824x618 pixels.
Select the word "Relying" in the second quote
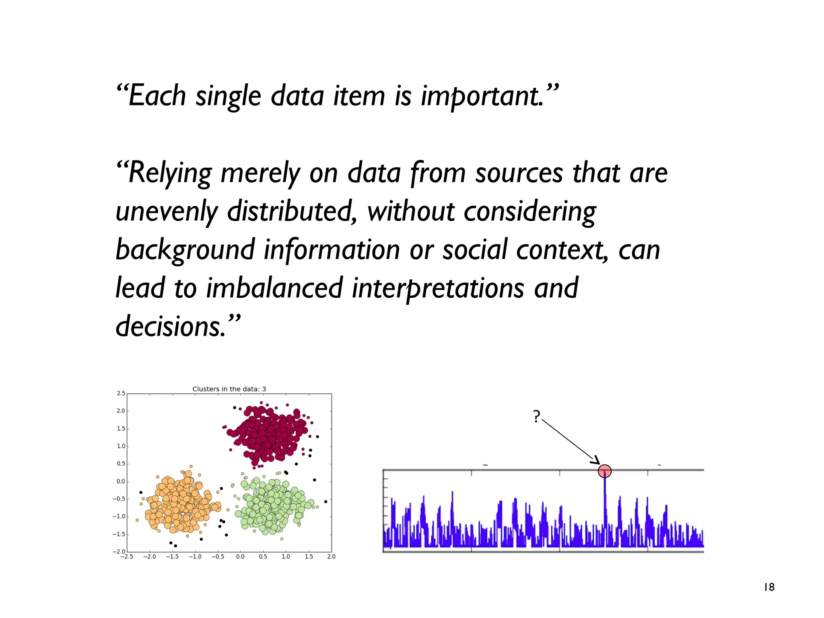[169, 173]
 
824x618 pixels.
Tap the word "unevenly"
[167, 212]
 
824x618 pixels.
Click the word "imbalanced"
[274, 288]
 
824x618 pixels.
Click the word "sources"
[519, 173]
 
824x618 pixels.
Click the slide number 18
[769, 587]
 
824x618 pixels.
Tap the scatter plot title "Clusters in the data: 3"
[229, 389]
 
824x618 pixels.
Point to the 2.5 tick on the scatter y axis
[121, 393]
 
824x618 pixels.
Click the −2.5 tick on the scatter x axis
[127, 557]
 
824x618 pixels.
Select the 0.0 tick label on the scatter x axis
[240, 557]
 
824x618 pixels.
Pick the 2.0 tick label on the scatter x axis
[331, 557]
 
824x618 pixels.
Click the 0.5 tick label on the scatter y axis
[121, 464]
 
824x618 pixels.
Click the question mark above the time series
[536, 416]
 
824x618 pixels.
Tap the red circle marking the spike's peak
[604, 471]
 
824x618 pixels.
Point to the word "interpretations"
[438, 288]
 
